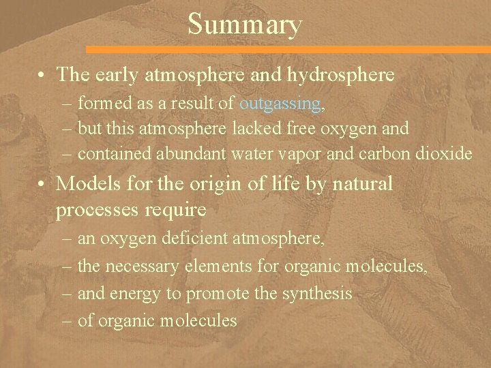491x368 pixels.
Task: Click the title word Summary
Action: [x=244, y=25]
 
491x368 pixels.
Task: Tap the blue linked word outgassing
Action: [x=280, y=104]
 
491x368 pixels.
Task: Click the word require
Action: [x=175, y=210]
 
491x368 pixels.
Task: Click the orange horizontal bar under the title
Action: [x=286, y=50]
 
